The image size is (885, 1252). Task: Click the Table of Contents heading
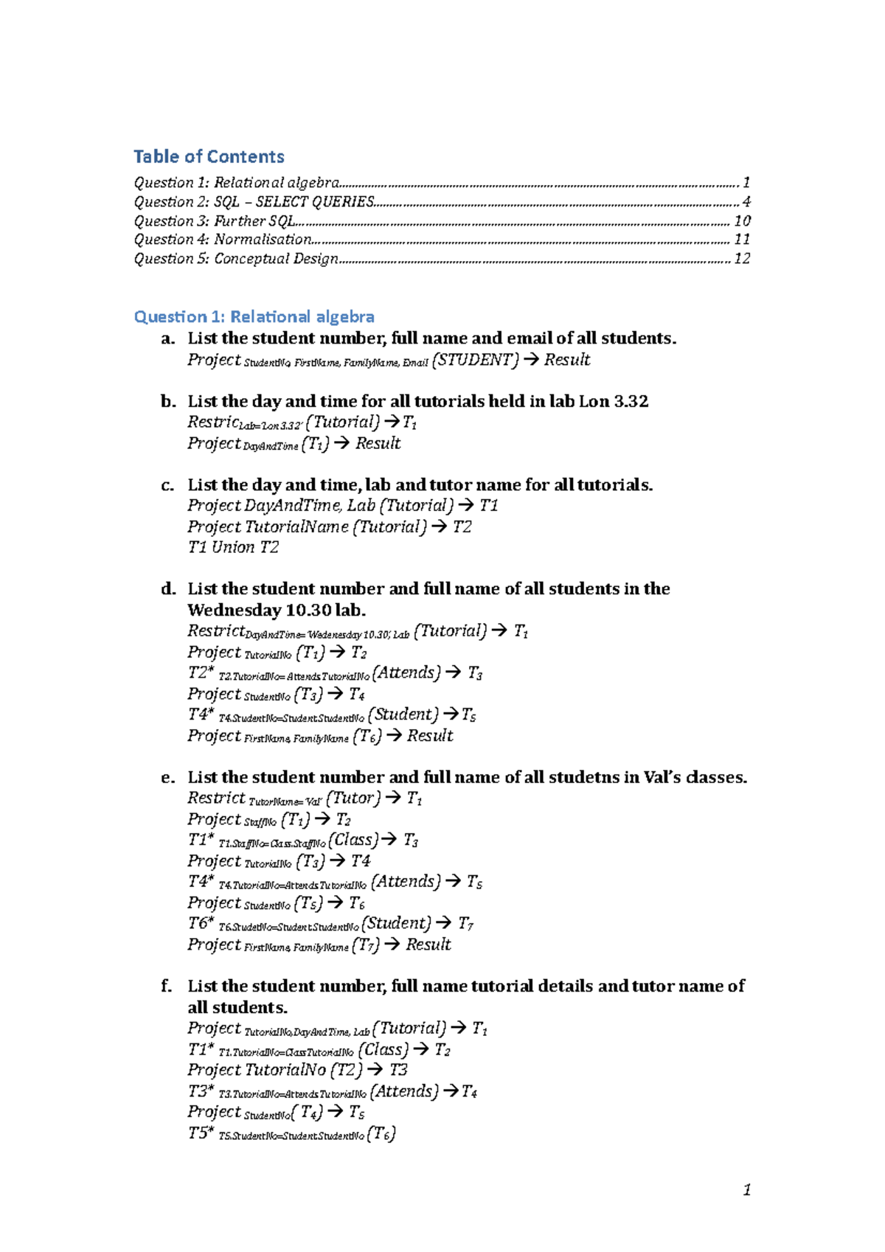coord(209,156)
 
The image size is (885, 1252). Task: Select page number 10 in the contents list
coord(742,220)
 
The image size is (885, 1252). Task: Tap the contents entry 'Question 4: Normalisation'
coord(223,239)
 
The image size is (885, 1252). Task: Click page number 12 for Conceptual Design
coord(742,258)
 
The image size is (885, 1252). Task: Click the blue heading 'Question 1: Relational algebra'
coord(254,316)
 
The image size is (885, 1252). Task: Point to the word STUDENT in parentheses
coord(475,360)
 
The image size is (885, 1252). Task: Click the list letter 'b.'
coord(168,401)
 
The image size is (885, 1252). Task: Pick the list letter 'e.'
coord(168,777)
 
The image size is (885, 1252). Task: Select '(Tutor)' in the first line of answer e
coord(353,798)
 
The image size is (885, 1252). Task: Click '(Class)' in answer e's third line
coord(353,840)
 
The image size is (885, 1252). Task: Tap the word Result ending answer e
coord(428,945)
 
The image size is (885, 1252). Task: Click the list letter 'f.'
coord(167,986)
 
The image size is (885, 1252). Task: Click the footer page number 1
coord(747,1189)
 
